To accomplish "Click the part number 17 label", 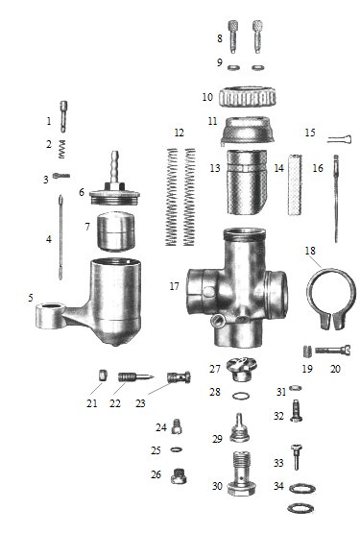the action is (x=174, y=286).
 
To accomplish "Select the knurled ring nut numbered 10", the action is (x=247, y=97).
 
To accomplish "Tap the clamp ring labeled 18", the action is (x=331, y=299).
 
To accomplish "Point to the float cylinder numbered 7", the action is (x=115, y=231).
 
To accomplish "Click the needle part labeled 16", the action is (x=336, y=199).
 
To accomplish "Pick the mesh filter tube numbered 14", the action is (x=295, y=184).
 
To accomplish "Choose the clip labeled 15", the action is (x=340, y=138).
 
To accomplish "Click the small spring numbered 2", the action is (x=61, y=149).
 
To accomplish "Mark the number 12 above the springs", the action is (x=180, y=133).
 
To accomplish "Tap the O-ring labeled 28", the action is (x=241, y=396).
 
